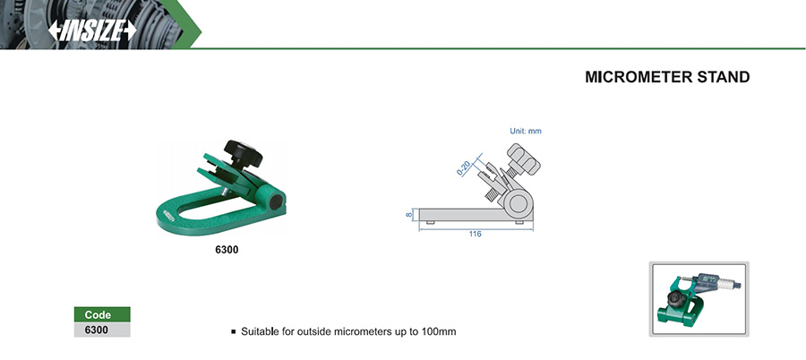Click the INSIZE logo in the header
coord(92,30)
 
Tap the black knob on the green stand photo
coord(243,153)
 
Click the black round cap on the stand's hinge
coord(276,202)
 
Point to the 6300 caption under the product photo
coord(227,251)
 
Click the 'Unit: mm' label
coord(526,131)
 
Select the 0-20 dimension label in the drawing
coord(464,168)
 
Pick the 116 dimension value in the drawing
coord(475,234)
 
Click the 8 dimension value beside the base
coord(409,214)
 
